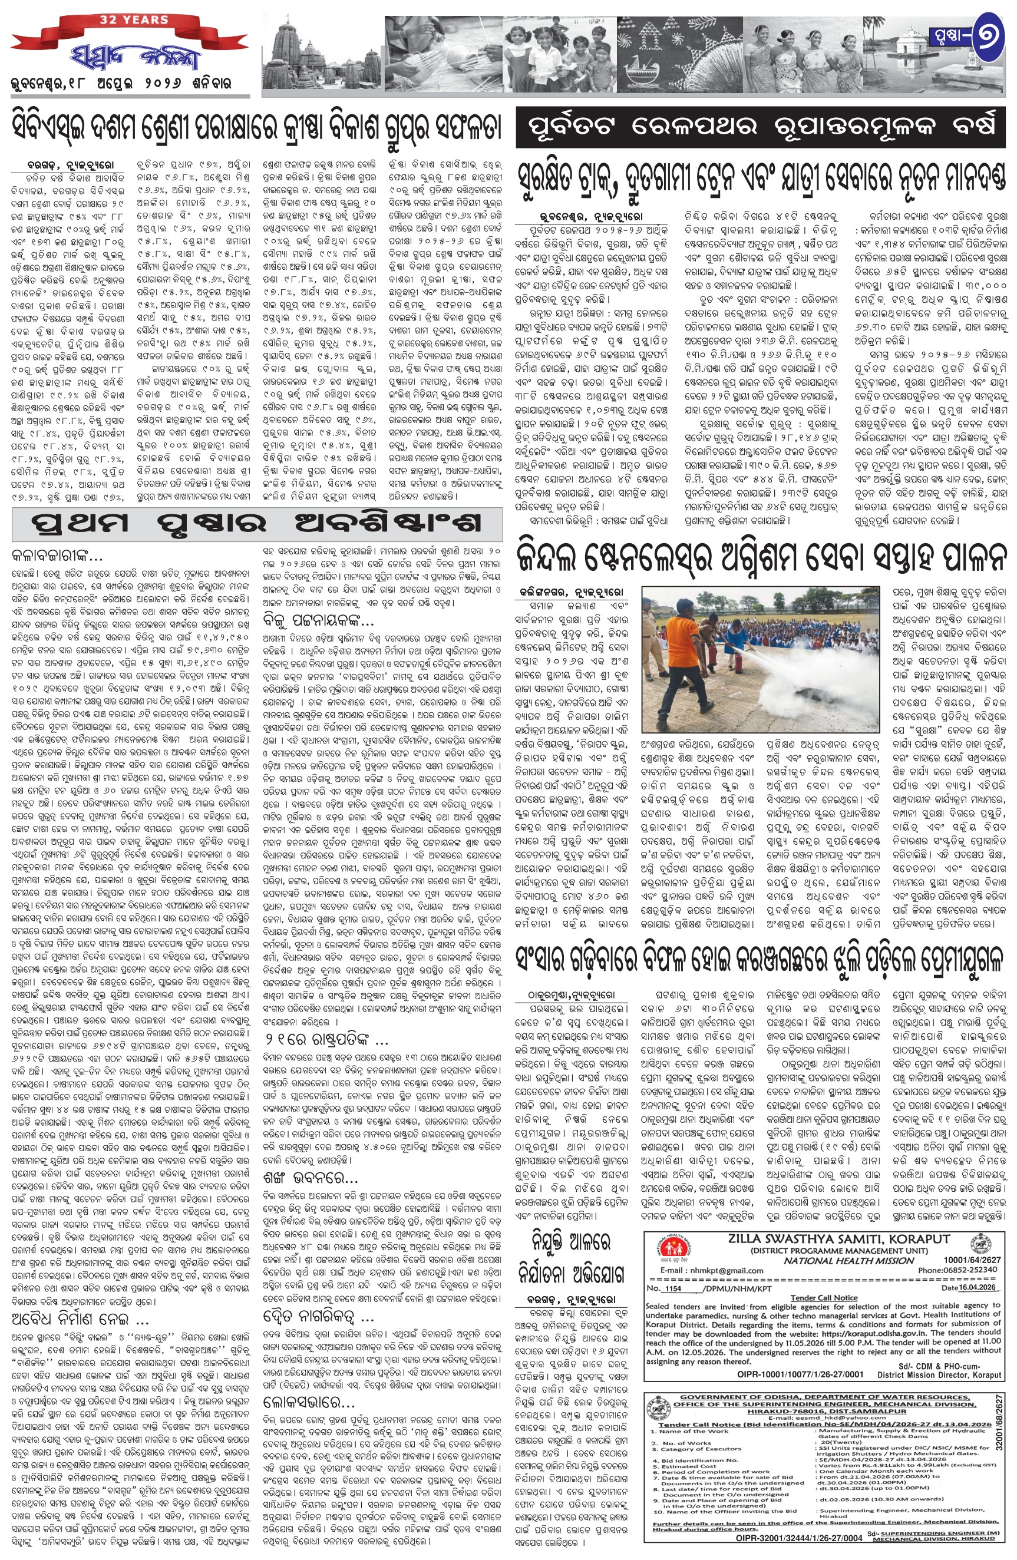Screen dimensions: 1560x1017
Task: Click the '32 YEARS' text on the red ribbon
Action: (134, 20)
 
